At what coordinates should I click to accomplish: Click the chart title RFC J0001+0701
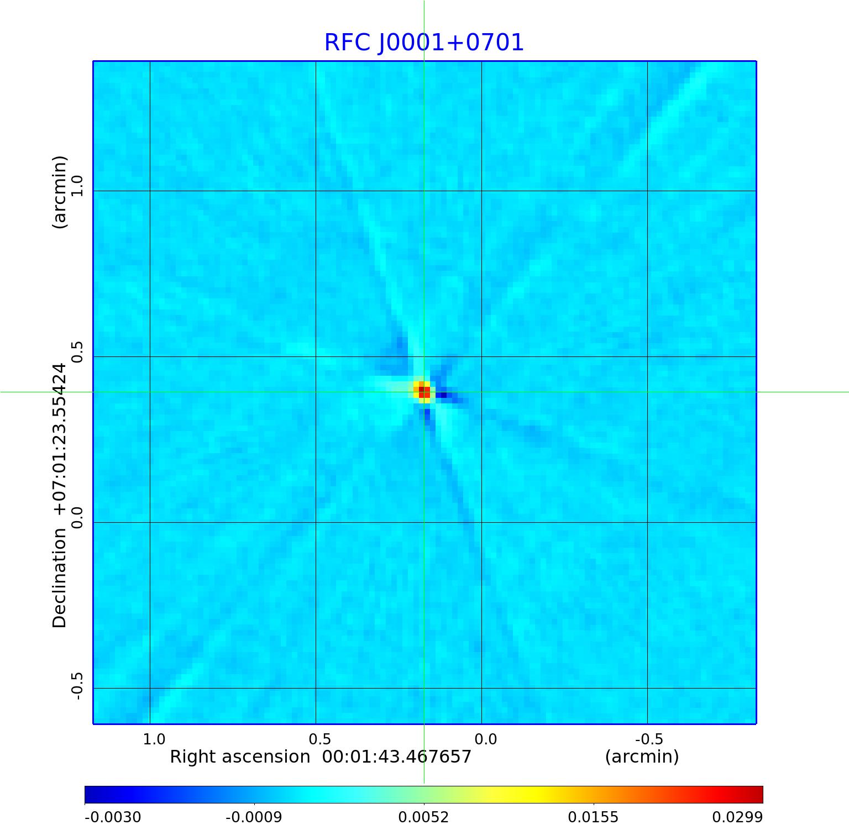point(423,43)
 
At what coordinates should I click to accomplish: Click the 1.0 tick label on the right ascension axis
point(154,739)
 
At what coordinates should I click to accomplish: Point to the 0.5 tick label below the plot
point(319,739)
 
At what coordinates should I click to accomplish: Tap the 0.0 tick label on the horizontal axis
point(486,739)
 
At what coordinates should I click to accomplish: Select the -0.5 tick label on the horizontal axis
point(649,739)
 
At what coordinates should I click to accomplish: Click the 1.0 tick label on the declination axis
point(76,186)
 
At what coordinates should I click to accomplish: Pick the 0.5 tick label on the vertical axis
point(76,352)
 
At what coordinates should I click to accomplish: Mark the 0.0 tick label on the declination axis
point(76,517)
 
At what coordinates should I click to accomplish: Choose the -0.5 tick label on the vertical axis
point(76,686)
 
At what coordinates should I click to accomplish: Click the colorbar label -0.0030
point(113,817)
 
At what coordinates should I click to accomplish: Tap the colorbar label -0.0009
point(254,817)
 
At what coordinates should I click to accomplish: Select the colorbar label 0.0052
point(423,817)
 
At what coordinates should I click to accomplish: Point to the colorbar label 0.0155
point(593,817)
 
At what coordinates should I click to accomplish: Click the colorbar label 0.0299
point(737,817)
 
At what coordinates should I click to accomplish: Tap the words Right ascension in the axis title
point(240,757)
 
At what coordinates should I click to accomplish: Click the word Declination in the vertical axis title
point(59,577)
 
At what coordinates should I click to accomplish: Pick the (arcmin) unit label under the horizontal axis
point(642,757)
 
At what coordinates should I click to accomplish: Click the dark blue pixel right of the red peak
point(442,395)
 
